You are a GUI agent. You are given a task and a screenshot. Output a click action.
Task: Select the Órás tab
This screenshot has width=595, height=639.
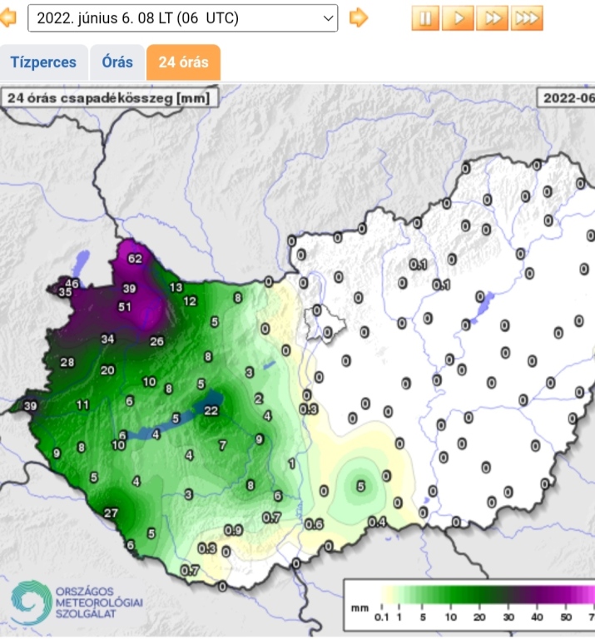coord(117,62)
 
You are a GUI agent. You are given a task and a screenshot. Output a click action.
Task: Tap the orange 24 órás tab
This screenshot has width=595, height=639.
coord(183,62)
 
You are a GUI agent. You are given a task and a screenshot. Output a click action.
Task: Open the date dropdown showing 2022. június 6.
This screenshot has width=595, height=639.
coord(183,17)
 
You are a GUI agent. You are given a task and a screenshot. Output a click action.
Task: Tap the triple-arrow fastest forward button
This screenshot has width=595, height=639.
coord(527,17)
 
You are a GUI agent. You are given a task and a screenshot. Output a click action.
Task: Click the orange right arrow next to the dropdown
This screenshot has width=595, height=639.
coord(359,17)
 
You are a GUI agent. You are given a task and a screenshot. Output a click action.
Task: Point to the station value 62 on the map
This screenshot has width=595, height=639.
coord(135,259)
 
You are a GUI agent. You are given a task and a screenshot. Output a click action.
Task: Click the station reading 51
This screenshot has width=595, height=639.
coord(125,306)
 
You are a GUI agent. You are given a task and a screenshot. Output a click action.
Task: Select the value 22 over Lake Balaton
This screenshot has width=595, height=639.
coord(211,410)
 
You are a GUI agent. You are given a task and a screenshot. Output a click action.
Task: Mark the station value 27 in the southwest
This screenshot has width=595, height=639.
coord(111,513)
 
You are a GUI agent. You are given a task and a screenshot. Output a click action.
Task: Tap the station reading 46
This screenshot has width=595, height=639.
coord(72,284)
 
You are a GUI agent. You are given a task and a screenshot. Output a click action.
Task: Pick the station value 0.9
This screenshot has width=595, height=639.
coord(234,530)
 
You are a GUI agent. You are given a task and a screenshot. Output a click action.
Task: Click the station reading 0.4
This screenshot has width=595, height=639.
coord(377,522)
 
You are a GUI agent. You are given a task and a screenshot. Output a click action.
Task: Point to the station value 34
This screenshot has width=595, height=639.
coord(107,339)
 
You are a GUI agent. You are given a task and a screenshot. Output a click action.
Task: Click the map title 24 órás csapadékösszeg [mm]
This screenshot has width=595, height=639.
coord(109,97)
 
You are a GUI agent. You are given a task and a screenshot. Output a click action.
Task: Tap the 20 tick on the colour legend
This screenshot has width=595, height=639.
coord(479,617)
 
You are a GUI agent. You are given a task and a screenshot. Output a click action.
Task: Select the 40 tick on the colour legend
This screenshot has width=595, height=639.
coord(537,617)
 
